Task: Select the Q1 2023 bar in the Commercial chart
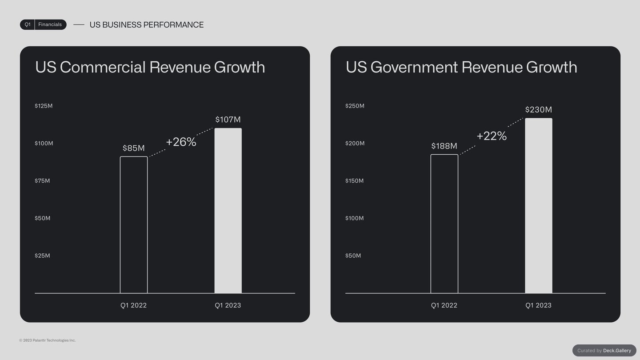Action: click(228, 211)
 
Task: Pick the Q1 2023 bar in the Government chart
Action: click(539, 206)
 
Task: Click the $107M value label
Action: click(228, 120)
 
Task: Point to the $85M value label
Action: click(134, 148)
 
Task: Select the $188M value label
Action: click(444, 146)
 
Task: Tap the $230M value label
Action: click(539, 109)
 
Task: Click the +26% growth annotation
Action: click(181, 142)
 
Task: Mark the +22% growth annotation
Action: click(492, 136)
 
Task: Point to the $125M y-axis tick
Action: click(44, 106)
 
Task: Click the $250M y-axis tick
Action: click(355, 106)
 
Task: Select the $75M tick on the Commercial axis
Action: click(42, 180)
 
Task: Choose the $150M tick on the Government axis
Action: click(355, 180)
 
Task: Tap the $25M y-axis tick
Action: click(42, 256)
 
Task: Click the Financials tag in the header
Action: click(50, 24)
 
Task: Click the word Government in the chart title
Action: click(414, 67)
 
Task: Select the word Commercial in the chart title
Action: click(103, 67)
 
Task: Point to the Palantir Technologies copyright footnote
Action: click(48, 340)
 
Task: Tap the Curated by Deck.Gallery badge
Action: click(604, 350)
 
